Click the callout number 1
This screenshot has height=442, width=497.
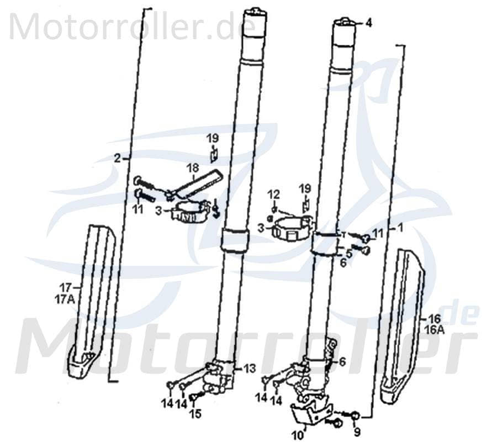401,227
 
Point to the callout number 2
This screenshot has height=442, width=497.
117,158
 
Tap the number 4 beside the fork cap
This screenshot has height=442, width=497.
368,23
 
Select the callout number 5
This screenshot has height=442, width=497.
349,253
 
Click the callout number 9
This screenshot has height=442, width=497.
357,432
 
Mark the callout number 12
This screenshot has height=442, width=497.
274,194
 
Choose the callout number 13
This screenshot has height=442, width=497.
250,367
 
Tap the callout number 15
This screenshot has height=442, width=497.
195,413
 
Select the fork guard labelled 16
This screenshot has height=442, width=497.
402,326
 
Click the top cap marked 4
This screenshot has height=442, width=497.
345,23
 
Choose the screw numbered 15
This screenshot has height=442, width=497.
194,397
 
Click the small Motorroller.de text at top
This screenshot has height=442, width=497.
133,26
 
